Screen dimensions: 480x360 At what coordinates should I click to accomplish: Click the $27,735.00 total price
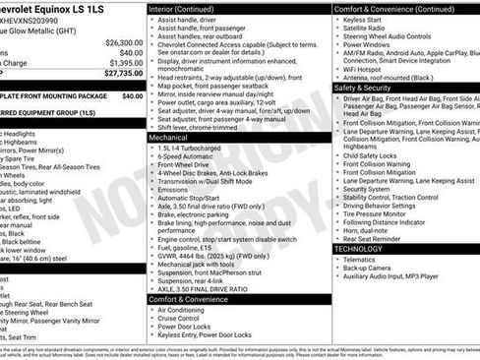[x=120, y=73]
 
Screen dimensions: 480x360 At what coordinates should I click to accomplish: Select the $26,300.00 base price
[x=121, y=43]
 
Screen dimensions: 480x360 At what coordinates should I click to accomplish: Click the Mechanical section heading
[x=169, y=138]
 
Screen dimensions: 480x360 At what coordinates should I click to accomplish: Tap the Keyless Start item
[x=363, y=19]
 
